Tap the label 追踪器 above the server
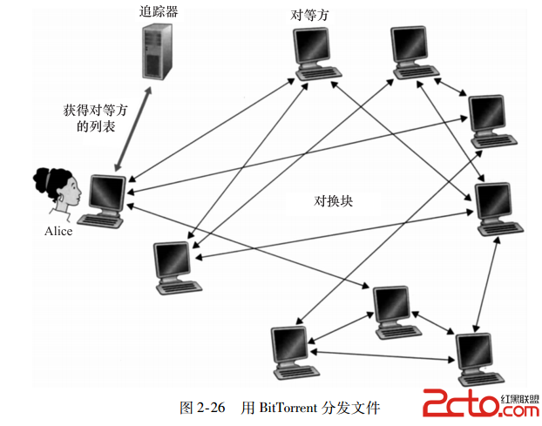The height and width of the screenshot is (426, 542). pyautogui.click(x=161, y=11)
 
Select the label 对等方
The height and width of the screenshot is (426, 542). pyautogui.click(x=313, y=15)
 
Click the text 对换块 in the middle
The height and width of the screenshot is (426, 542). pyautogui.click(x=334, y=200)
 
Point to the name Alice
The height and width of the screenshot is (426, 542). pyautogui.click(x=58, y=232)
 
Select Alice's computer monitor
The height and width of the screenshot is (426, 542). pyautogui.click(x=107, y=192)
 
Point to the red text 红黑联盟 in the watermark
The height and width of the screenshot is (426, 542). pyautogui.click(x=520, y=396)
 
